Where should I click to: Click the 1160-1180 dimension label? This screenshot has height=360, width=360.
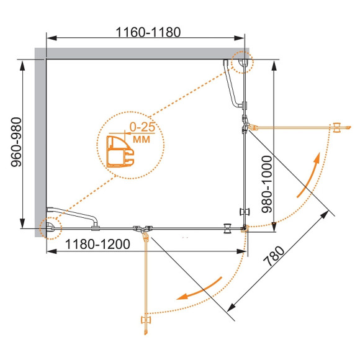pos(148,33)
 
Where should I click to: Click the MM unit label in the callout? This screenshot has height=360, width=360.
pos(142,139)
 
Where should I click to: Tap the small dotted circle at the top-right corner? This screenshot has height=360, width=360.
pos(241,62)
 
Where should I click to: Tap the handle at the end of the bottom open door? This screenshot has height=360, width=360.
pos(146,320)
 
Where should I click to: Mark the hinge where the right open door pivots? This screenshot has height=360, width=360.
pos(247,127)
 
